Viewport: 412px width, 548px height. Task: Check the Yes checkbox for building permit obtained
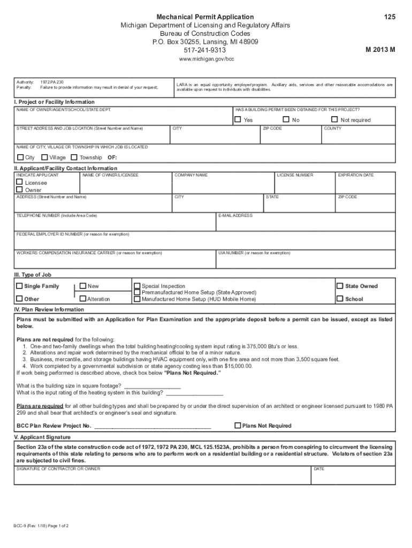238,120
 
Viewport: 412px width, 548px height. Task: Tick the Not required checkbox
334,120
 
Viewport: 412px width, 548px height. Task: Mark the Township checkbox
74,157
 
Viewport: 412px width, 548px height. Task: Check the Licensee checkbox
19,182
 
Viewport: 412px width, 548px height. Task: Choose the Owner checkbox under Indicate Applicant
19,189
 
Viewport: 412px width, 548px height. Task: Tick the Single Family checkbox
19,286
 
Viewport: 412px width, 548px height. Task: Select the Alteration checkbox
83,299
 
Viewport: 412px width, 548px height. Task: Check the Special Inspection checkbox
137,286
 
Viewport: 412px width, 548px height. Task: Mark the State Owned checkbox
340,286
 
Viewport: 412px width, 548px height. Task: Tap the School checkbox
340,299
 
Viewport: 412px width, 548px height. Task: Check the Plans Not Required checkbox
238,425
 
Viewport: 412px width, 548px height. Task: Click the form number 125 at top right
390,17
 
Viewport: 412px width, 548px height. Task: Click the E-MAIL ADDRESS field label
235,216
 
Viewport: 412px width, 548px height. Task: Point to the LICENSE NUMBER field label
295,176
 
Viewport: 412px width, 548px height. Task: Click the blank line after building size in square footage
152,386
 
